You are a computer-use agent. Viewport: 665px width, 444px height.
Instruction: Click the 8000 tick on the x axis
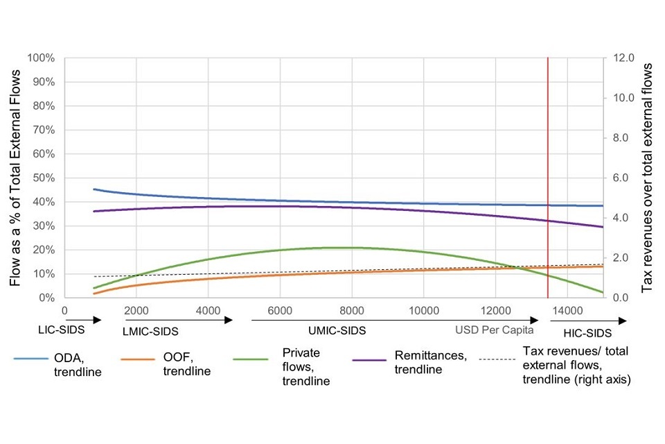click(x=352, y=309)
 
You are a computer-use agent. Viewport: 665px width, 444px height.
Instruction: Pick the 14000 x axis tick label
click(x=567, y=309)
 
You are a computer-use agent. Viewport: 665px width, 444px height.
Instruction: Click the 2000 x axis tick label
click(x=136, y=309)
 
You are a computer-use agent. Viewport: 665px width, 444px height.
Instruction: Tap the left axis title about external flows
click(x=15, y=178)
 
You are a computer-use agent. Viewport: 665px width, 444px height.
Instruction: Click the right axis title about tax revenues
click(x=648, y=178)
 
